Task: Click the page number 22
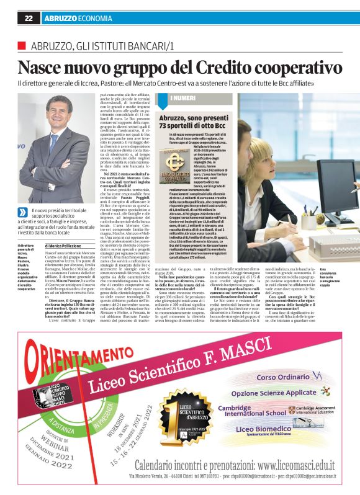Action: tap(29, 19)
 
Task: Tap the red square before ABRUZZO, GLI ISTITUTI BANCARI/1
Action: tap(22, 46)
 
